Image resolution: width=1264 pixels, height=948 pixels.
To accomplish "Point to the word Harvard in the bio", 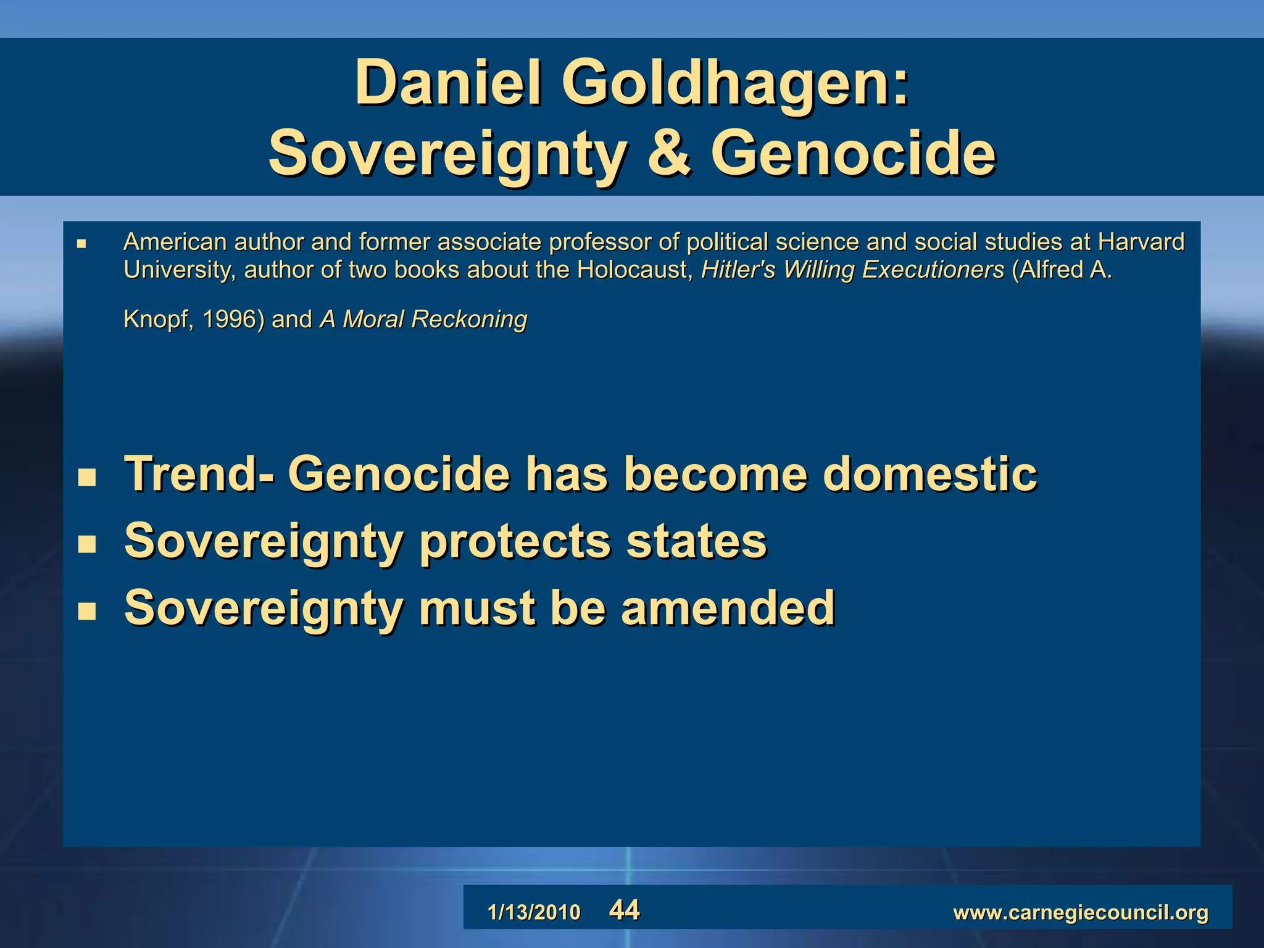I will click(x=1141, y=242).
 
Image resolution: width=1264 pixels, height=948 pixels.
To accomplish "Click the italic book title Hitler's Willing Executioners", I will click(x=852, y=270).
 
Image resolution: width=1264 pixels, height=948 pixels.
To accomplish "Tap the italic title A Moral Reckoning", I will click(x=423, y=320).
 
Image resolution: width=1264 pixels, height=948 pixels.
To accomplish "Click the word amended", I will click(x=728, y=608).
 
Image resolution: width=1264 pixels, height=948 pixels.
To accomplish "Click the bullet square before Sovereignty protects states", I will click(x=87, y=544).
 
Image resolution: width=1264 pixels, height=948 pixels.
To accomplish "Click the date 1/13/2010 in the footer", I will click(x=534, y=912).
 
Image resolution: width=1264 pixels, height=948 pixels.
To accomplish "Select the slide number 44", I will click(x=625, y=910).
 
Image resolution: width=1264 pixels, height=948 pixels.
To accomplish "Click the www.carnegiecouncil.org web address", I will click(x=1081, y=912).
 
